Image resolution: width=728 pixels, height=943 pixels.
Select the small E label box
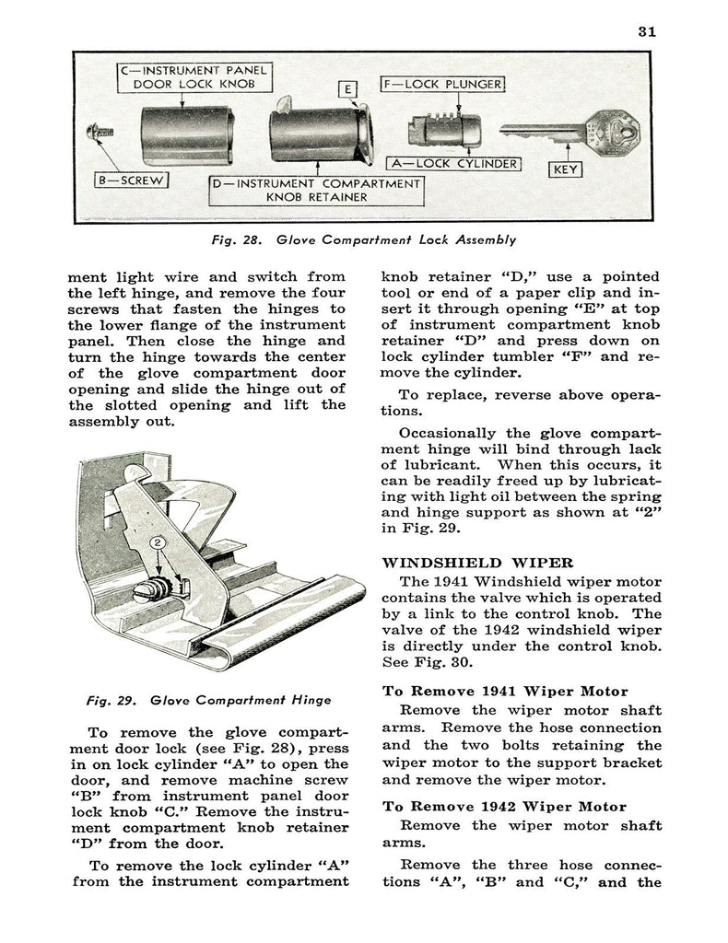(x=347, y=89)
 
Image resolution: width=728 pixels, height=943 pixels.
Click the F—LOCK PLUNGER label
(x=442, y=86)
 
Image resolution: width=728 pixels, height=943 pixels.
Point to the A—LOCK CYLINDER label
(x=453, y=164)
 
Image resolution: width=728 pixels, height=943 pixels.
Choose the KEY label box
(x=564, y=169)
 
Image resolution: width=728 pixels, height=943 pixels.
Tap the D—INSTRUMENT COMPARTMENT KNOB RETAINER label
(x=315, y=190)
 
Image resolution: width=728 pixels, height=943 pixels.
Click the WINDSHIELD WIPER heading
(x=478, y=563)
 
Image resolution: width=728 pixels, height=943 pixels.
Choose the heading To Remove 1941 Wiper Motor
(x=505, y=691)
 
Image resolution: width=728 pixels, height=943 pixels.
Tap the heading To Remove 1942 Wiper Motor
(x=504, y=806)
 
